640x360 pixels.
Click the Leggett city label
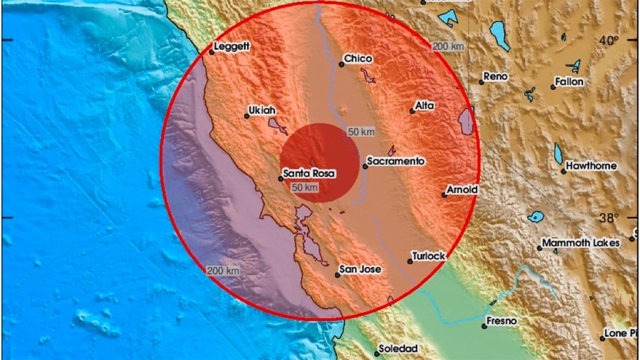pyautogui.click(x=231, y=47)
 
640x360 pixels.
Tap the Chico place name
pyautogui.click(x=358, y=59)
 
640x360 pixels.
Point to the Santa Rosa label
pyautogui.click(x=309, y=173)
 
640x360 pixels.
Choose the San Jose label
pyautogui.click(x=361, y=269)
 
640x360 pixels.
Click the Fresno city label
pyautogui.click(x=502, y=322)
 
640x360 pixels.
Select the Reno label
pyautogui.click(x=497, y=77)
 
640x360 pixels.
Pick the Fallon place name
pyautogui.click(x=570, y=82)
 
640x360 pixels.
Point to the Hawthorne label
pyautogui.click(x=591, y=166)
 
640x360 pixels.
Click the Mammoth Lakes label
pyautogui.click(x=581, y=243)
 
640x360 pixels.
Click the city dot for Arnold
pyautogui.click(x=444, y=195)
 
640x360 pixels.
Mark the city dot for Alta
pyautogui.click(x=412, y=111)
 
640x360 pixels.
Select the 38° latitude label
pyautogui.click(x=607, y=218)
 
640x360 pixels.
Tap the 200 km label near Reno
pyautogui.click(x=448, y=46)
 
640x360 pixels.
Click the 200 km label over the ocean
pyautogui.click(x=223, y=271)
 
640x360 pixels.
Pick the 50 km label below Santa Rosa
pyautogui.click(x=305, y=187)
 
